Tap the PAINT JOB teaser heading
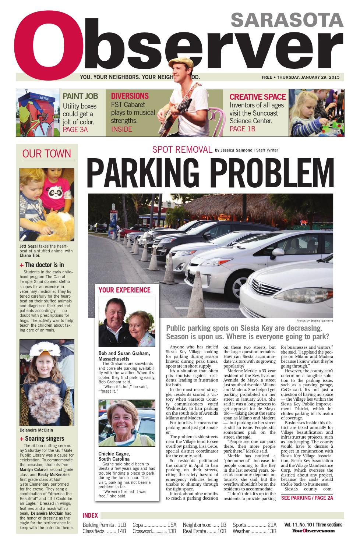click(x=80, y=96)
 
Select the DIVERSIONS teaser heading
click(x=130, y=96)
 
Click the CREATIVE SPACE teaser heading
click(x=257, y=97)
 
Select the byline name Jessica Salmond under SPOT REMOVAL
click(x=236, y=150)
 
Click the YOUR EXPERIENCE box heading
click(x=124, y=290)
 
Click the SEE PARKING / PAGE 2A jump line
click(x=307, y=498)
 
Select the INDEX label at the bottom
click(x=90, y=515)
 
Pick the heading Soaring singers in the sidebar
click(x=45, y=439)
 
